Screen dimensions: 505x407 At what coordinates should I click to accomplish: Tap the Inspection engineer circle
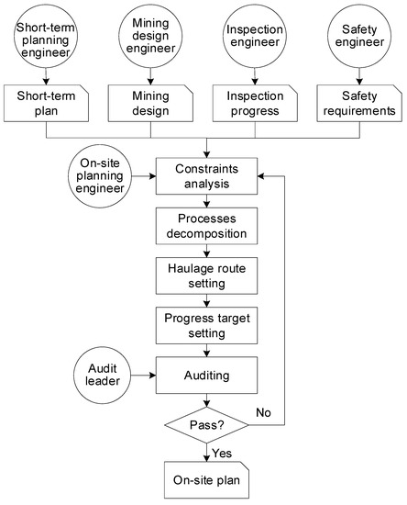(x=254, y=38)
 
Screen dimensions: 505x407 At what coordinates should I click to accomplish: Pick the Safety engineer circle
(x=358, y=38)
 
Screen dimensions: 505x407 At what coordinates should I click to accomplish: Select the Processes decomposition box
(x=206, y=228)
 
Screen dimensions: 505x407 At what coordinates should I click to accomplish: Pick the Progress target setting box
(x=206, y=327)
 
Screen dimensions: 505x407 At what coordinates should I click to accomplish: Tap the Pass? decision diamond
(x=206, y=426)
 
